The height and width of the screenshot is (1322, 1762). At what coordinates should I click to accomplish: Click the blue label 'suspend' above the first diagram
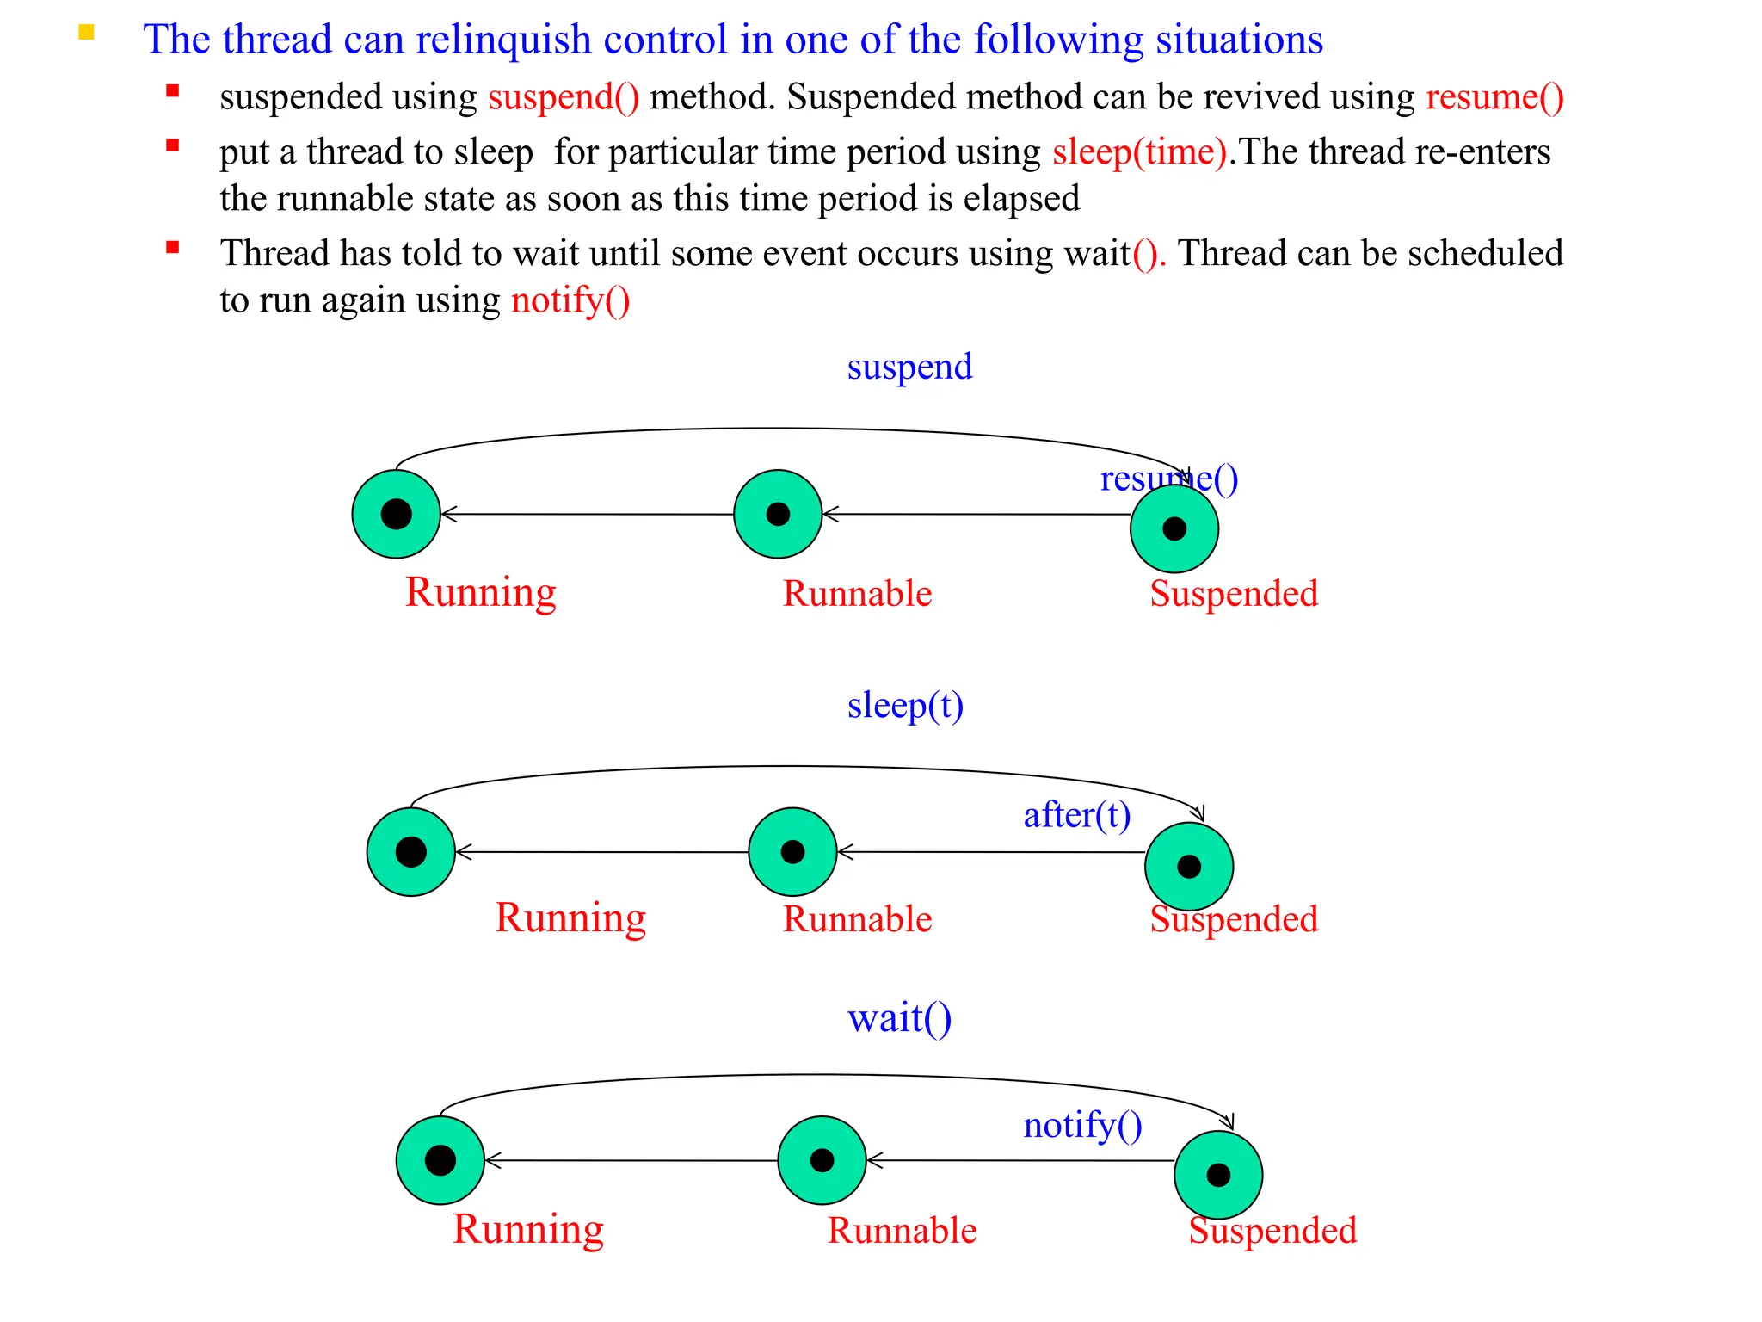point(909,368)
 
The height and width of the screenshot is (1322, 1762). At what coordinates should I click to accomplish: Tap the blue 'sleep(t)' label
point(905,706)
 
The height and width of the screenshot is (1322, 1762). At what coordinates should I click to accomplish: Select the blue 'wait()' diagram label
point(899,1018)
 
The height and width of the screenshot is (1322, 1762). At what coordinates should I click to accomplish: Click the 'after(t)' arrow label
point(1076,814)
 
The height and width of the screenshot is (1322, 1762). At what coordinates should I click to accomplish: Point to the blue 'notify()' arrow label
point(1082,1125)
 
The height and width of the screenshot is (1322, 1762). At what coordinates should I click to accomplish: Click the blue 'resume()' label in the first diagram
point(1168,479)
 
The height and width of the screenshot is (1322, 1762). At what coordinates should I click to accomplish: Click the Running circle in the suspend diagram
point(397,514)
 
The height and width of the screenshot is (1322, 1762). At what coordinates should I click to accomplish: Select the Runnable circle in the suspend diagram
point(778,514)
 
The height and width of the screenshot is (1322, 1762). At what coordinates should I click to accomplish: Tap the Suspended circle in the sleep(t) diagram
point(1188,866)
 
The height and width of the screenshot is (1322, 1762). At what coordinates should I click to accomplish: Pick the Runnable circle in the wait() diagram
point(822,1160)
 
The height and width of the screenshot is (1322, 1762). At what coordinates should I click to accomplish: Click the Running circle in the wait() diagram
point(440,1160)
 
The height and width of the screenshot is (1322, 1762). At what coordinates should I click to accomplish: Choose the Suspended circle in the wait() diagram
point(1218,1175)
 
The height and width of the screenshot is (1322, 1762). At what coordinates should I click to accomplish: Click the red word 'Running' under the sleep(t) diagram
point(570,917)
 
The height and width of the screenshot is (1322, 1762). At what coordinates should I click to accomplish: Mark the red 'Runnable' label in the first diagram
point(857,594)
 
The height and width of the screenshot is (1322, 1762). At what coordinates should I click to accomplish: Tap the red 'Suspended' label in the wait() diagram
point(1272,1231)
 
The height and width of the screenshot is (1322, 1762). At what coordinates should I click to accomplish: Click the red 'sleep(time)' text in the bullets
point(1139,152)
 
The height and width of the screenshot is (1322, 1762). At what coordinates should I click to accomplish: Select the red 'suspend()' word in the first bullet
point(564,97)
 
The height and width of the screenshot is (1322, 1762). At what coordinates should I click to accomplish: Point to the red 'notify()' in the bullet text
point(570,300)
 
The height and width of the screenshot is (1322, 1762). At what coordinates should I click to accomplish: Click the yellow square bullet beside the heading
point(86,34)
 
